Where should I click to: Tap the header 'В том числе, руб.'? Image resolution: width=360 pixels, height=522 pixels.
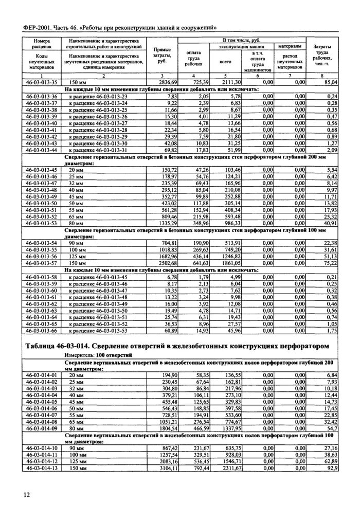(x=242, y=40)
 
